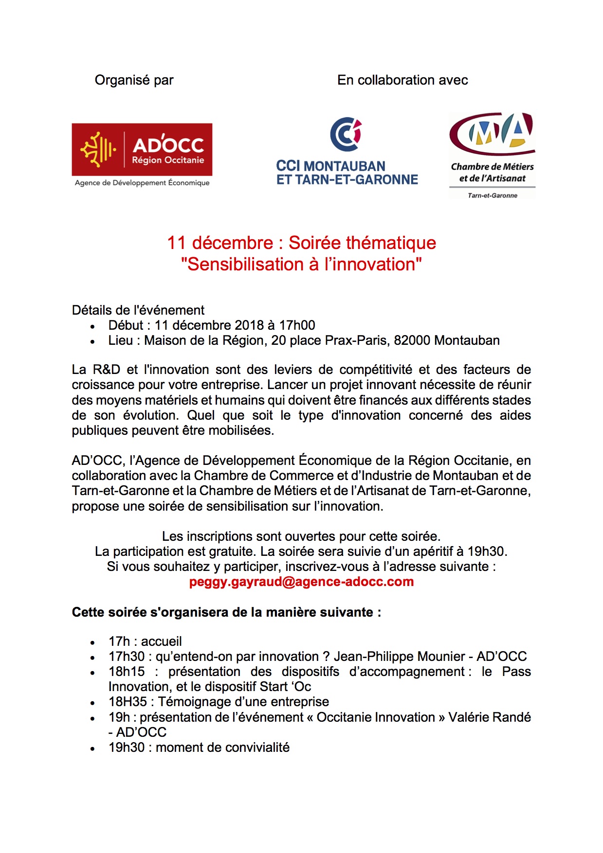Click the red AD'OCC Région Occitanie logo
(142, 149)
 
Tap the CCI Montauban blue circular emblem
(346, 134)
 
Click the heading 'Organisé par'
(134, 80)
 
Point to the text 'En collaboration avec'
(402, 80)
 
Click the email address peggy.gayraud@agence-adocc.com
(301, 582)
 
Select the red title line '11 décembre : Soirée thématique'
(301, 243)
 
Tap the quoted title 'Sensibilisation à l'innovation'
(301, 265)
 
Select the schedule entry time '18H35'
(128, 702)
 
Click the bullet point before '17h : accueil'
(92, 643)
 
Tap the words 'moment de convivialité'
(222, 747)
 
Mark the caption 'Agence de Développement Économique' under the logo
(142, 183)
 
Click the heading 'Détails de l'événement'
(138, 310)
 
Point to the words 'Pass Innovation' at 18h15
(516, 672)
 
